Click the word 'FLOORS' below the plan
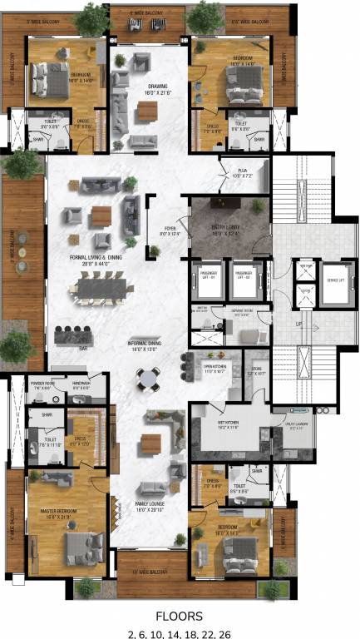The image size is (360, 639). click(x=180, y=617)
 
